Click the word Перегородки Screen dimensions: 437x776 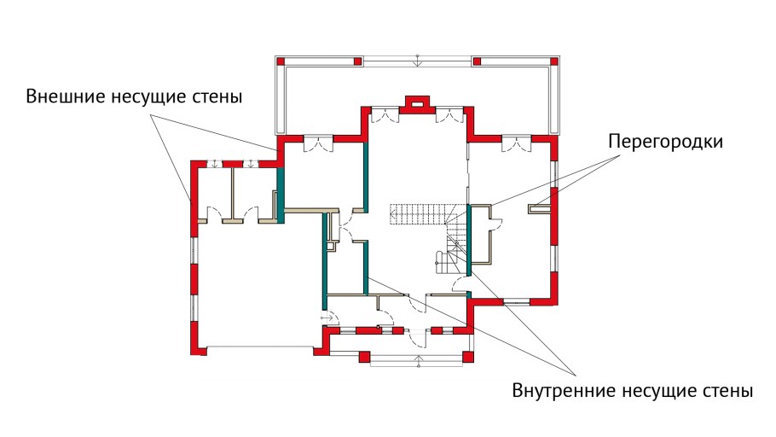pos(665,142)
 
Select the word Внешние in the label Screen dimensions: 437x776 pos(65,96)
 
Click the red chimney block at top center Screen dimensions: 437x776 pos(417,103)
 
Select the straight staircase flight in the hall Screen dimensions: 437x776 pos(418,213)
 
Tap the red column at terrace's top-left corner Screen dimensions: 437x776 pos(279,61)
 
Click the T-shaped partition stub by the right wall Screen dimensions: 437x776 pos(540,206)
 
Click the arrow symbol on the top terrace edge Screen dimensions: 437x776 pos(417,59)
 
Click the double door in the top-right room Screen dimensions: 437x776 pos(514,144)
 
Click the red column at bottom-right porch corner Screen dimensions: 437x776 pos(466,355)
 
